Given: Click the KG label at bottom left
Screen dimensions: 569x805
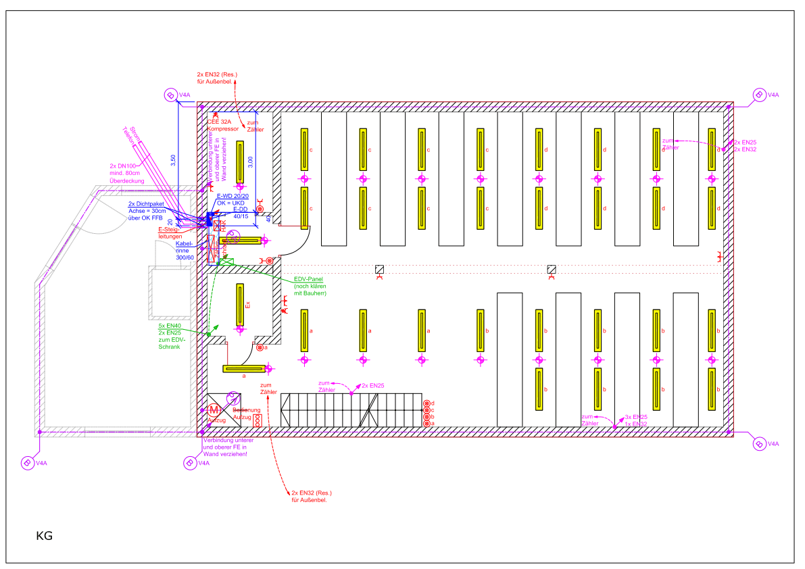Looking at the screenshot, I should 44,537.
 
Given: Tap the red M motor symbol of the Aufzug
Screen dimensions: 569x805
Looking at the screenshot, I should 214,410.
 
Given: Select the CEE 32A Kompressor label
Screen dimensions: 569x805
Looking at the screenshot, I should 223,125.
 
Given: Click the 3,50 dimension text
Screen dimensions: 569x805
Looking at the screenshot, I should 173,161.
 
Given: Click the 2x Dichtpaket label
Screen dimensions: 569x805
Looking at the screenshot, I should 146,204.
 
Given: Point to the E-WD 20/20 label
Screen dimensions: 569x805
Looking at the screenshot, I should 233,196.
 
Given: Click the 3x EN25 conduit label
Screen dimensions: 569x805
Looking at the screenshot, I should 636,417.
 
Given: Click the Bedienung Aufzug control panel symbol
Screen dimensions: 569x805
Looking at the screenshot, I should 257,419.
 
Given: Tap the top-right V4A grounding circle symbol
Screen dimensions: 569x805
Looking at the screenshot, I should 759,95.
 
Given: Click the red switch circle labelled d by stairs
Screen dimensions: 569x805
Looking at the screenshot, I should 426,403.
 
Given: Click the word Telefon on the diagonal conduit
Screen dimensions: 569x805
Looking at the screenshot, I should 130,135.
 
